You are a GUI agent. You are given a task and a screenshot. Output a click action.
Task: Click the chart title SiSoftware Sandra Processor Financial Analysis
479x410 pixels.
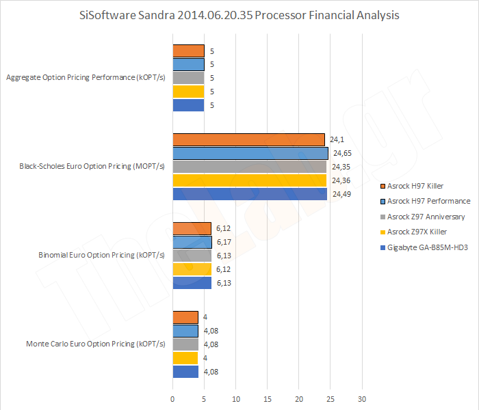[x=239, y=14]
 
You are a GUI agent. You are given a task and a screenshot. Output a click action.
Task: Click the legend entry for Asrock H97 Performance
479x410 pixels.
[x=428, y=201]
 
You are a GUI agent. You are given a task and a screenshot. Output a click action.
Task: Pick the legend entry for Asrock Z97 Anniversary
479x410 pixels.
[x=426, y=217]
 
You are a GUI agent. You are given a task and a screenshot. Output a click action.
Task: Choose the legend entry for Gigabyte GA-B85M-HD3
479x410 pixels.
[x=427, y=248]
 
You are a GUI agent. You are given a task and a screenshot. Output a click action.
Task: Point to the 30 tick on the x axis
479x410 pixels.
[x=363, y=398]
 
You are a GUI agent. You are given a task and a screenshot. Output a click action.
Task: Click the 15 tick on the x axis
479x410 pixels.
[x=268, y=398]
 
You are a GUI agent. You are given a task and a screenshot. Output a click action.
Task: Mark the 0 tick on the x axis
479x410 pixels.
[x=172, y=398]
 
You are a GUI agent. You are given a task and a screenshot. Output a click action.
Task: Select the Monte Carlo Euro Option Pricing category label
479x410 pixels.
[x=86, y=344]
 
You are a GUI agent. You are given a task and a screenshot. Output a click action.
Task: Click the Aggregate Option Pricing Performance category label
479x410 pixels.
[x=86, y=78]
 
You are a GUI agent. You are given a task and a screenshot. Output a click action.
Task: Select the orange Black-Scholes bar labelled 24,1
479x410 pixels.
[x=248, y=139]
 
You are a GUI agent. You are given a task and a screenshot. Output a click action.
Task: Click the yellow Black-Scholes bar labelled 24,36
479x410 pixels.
[x=249, y=180]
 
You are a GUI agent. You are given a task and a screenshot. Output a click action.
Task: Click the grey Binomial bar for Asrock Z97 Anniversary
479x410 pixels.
[x=192, y=256]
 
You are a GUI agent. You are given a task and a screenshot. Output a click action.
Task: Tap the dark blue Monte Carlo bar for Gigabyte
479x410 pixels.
[x=185, y=372]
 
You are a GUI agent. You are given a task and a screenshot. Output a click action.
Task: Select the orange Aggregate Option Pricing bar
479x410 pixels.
[x=188, y=51]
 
